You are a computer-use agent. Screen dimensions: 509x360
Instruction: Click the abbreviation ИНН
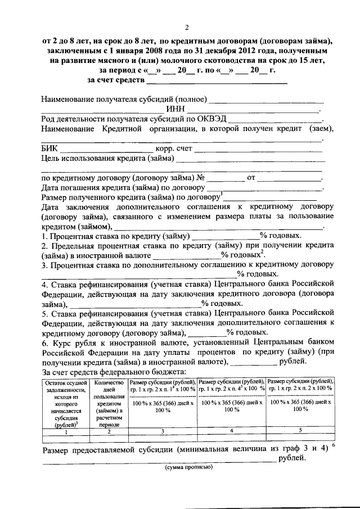[x=175, y=109]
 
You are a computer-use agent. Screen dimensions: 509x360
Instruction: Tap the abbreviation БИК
[x=49, y=148]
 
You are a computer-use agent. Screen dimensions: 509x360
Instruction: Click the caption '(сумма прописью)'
[x=188, y=468]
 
